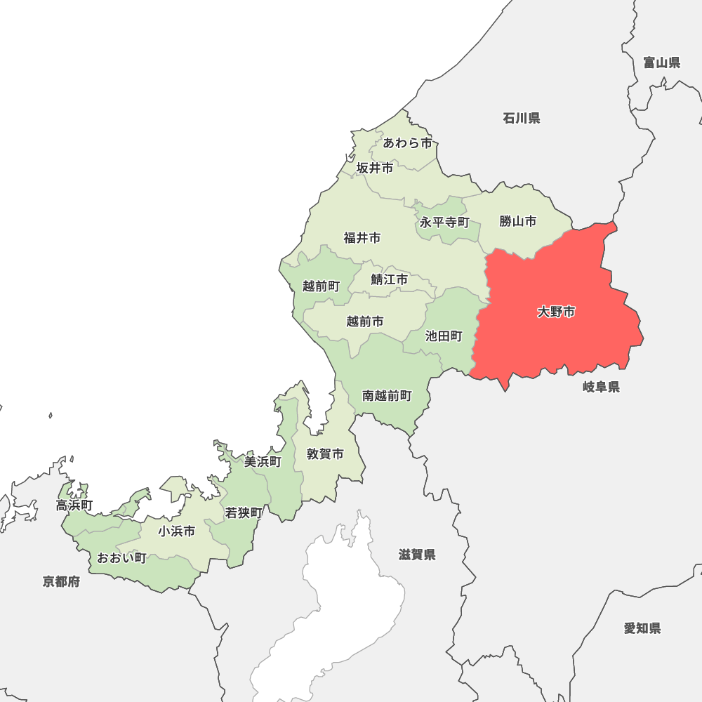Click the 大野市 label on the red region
click(x=556, y=312)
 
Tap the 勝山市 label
click(x=518, y=221)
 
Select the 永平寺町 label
click(x=444, y=223)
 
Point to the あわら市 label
click(x=408, y=143)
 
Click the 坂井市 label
click(x=375, y=168)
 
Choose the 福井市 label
click(x=362, y=238)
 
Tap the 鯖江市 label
click(x=390, y=279)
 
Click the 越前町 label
click(x=321, y=286)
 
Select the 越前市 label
click(x=365, y=322)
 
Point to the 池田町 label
click(x=444, y=336)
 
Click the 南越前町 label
click(x=387, y=396)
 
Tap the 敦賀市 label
click(x=326, y=454)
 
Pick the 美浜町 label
click(x=263, y=461)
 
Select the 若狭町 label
click(x=244, y=513)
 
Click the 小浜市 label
click(x=177, y=531)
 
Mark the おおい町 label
click(x=121, y=558)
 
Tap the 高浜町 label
click(x=75, y=505)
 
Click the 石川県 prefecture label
click(x=522, y=118)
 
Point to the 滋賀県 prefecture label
click(x=417, y=555)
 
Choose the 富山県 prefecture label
click(x=662, y=63)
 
